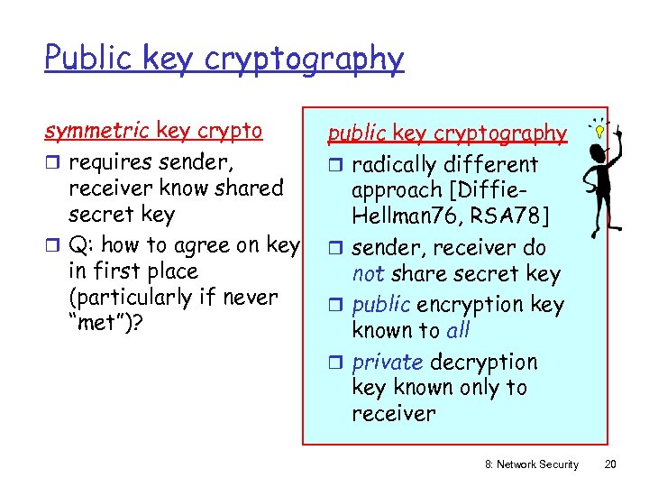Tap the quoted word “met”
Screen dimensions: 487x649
tap(99, 323)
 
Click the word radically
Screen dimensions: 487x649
tap(397, 165)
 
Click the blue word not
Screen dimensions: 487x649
tap(367, 274)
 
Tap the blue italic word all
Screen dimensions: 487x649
tap(458, 330)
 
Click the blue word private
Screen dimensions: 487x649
tap(387, 362)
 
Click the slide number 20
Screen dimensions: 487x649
tap(609, 464)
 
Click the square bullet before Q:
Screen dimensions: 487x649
tap(52, 245)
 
